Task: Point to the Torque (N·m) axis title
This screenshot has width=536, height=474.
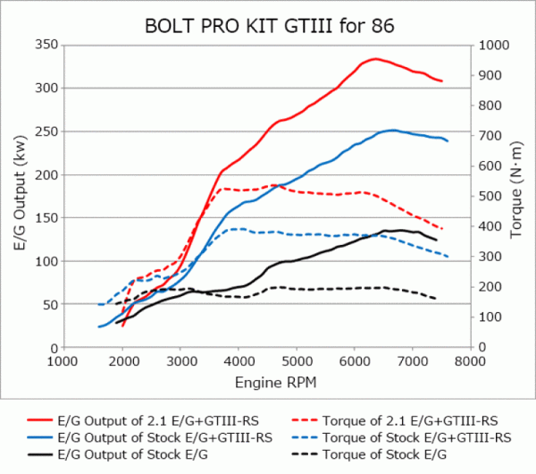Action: [x=517, y=191]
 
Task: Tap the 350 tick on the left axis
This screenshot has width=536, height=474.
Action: [x=45, y=45]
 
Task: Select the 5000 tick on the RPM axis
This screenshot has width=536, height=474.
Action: [x=295, y=362]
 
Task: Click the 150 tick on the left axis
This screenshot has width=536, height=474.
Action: [x=45, y=217]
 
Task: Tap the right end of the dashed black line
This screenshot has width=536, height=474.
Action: [x=436, y=299]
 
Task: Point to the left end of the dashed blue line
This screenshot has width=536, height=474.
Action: [x=99, y=305]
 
